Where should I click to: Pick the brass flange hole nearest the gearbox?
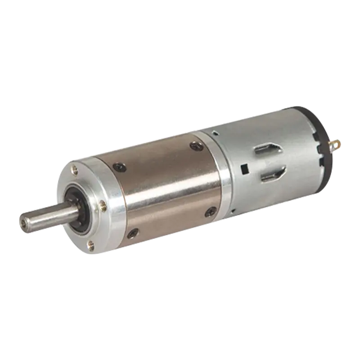(103, 206)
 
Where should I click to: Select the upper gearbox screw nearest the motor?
(196, 145)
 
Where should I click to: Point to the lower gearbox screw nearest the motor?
(210, 211)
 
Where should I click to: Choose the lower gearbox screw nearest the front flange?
(133, 233)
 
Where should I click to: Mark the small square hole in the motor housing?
(246, 169)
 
